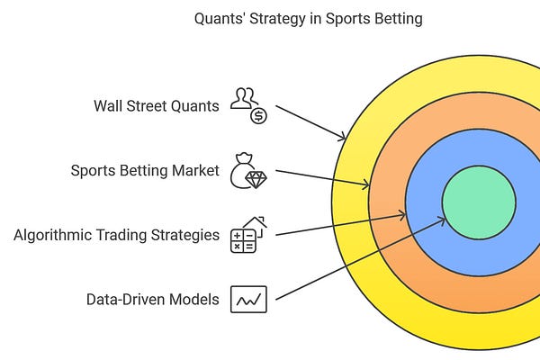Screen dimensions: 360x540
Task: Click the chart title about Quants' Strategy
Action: pyautogui.click(x=309, y=19)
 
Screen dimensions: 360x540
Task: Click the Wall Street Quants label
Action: pyautogui.click(x=156, y=105)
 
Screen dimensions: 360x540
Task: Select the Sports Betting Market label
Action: pyautogui.click(x=145, y=170)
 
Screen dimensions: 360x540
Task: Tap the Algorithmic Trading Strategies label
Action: pyautogui.click(x=116, y=235)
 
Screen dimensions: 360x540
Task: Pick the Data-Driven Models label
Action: pyautogui.click(x=152, y=299)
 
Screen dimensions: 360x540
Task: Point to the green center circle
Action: pyautogui.click(x=478, y=202)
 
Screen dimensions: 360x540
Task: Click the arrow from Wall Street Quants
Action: pyautogui.click(x=310, y=122)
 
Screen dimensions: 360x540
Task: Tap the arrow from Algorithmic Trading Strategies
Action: pyautogui.click(x=340, y=224)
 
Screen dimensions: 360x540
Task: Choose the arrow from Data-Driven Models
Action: pyautogui.click(x=360, y=257)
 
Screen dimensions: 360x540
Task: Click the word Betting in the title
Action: pyautogui.click(x=398, y=19)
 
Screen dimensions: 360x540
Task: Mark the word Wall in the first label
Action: pyautogui.click(x=108, y=105)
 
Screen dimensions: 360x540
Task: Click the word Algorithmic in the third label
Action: pyautogui.click(x=50, y=235)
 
